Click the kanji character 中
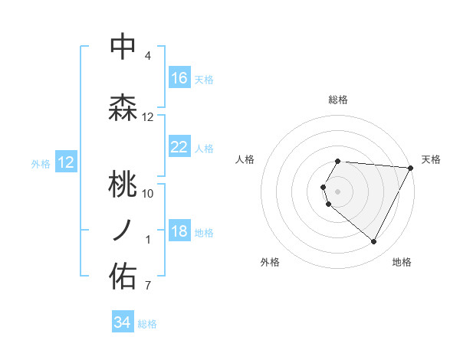(x=123, y=46)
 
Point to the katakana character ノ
(x=123, y=230)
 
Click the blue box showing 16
(x=179, y=78)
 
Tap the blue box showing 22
(x=179, y=147)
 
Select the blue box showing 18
(x=179, y=232)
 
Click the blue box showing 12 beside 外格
(x=65, y=162)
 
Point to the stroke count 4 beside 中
(x=147, y=56)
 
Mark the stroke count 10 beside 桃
(x=147, y=193)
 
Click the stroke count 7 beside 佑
(x=147, y=286)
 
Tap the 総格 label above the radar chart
(x=338, y=100)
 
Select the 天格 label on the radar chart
(x=431, y=159)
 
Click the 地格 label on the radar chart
(x=402, y=262)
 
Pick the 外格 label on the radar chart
(x=270, y=262)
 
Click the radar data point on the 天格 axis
(x=411, y=168)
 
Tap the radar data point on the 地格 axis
(x=374, y=242)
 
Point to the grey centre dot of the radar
(x=338, y=191)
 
